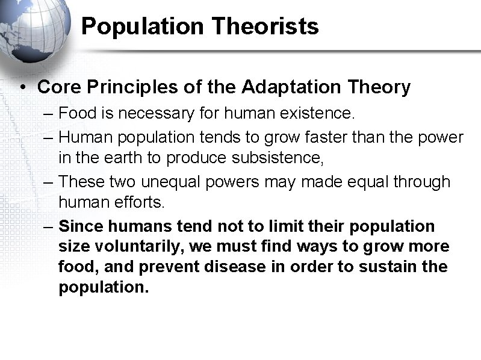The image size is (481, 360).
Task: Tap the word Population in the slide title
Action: point(138,26)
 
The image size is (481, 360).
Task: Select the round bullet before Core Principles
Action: point(22,88)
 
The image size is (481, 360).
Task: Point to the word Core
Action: point(58,87)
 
